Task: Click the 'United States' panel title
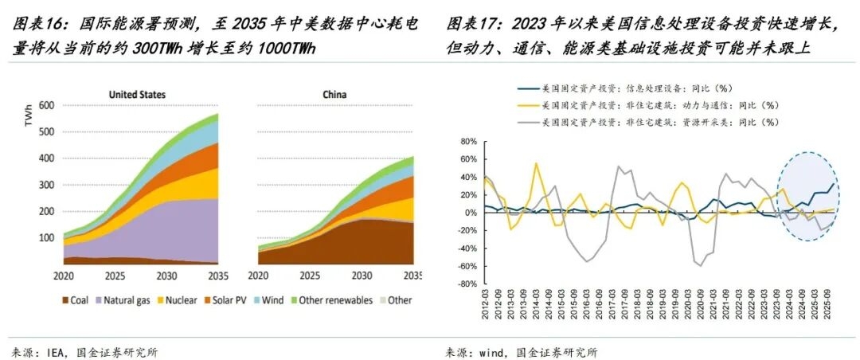click(137, 95)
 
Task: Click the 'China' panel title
click(334, 95)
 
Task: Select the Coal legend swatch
click(66, 300)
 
